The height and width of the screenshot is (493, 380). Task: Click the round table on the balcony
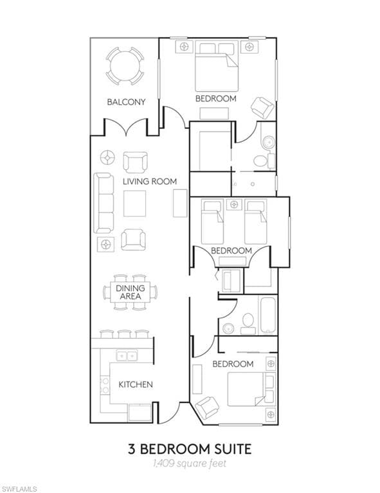(125, 66)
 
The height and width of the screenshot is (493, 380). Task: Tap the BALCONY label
(126, 102)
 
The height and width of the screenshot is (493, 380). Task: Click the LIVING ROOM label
(150, 182)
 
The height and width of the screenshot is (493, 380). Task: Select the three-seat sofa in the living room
(104, 203)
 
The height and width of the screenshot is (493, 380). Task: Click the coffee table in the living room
(135, 203)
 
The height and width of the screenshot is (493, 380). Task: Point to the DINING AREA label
(131, 292)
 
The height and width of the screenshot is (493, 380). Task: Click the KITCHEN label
(136, 385)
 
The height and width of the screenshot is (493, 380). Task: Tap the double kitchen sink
(127, 356)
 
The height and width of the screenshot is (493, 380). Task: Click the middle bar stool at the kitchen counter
(124, 334)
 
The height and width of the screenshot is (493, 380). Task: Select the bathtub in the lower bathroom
(267, 315)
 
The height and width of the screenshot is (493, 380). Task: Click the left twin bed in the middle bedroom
(212, 221)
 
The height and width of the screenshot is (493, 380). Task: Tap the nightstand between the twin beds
(234, 205)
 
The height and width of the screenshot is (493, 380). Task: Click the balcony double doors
(126, 126)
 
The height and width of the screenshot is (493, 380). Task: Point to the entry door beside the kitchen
(168, 412)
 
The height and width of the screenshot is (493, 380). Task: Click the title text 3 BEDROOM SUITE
(190, 449)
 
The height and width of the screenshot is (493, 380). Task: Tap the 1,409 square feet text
(190, 463)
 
